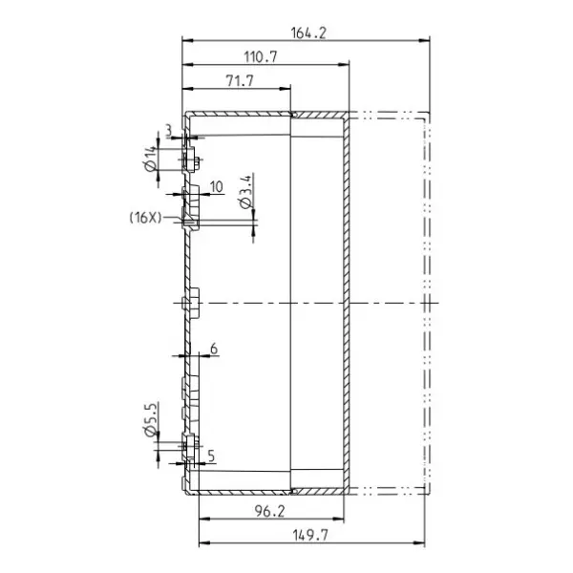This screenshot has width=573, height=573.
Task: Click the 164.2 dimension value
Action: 308,33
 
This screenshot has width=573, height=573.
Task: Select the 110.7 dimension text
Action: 261,57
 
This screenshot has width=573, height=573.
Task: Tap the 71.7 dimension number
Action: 240,81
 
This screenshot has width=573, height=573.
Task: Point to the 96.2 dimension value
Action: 269,511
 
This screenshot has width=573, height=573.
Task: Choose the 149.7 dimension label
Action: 309,536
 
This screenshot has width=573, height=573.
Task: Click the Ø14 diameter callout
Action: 151,159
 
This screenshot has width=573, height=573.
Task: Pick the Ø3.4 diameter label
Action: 246,192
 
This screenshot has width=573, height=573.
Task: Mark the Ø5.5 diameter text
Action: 151,419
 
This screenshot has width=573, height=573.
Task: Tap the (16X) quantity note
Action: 145,218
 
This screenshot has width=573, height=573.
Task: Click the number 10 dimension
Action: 217,187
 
